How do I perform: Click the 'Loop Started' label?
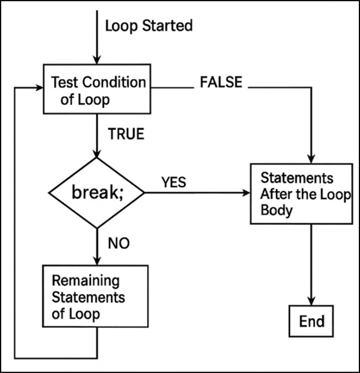(x=149, y=26)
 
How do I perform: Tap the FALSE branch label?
(x=221, y=82)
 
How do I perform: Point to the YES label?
(x=173, y=182)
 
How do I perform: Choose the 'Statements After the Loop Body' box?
(x=300, y=194)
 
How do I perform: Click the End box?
(x=311, y=321)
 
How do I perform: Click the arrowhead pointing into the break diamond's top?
(x=97, y=153)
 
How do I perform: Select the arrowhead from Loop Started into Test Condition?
(x=97, y=59)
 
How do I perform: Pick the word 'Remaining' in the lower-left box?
(x=86, y=281)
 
